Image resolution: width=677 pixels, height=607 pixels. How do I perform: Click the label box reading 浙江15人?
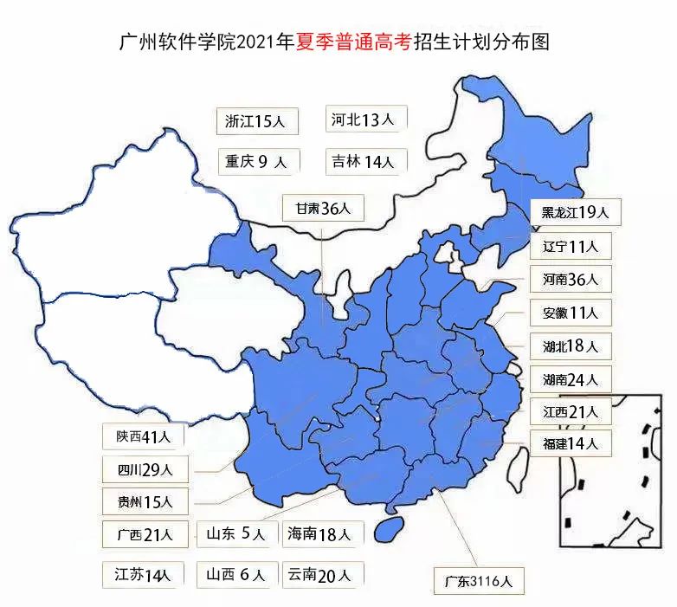(257, 121)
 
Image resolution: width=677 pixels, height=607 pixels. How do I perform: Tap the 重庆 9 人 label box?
(259, 161)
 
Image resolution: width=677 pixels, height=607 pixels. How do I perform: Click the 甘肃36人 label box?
(323, 209)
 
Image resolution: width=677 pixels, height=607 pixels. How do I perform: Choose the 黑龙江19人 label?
(571, 212)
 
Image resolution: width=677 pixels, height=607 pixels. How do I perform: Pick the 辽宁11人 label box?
(571, 246)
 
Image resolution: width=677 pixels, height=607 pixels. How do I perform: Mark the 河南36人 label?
(571, 280)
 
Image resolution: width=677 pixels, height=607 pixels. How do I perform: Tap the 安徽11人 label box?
(571, 313)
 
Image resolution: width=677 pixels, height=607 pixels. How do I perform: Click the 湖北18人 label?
(571, 346)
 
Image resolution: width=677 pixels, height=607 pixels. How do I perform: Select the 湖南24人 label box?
(571, 379)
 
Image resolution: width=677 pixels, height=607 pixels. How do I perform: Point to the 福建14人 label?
(571, 444)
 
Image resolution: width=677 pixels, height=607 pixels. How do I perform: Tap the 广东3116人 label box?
(479, 581)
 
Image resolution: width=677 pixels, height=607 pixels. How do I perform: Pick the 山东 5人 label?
(236, 534)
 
